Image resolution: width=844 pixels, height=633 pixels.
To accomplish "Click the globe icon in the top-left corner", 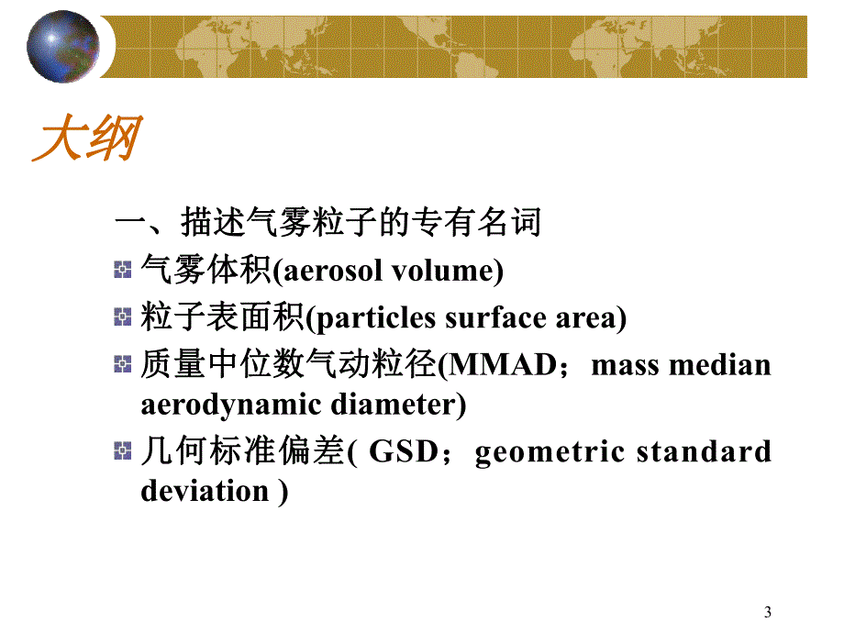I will [62, 46].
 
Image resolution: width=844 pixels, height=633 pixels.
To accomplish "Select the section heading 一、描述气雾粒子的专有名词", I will [327, 222].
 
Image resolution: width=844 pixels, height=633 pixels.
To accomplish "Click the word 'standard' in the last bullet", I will [706, 452].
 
